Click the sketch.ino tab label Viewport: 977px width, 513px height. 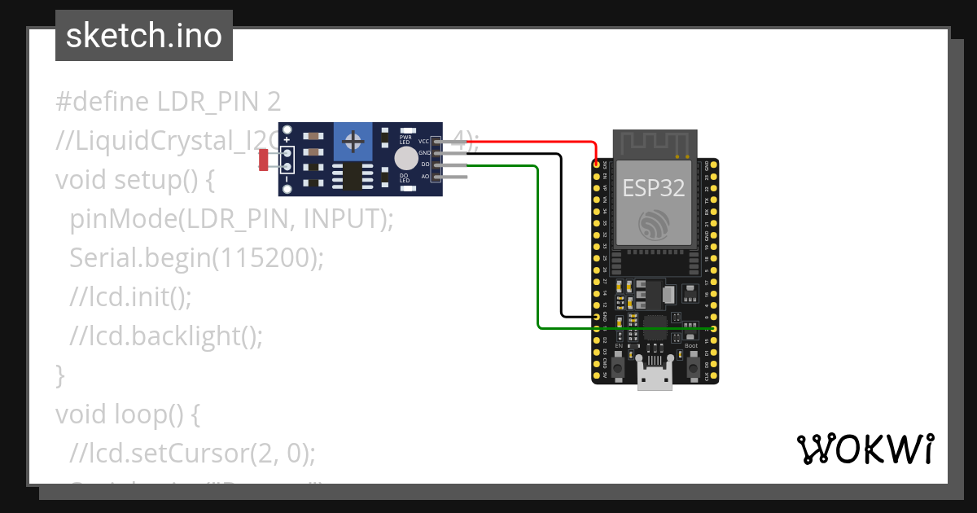tap(144, 36)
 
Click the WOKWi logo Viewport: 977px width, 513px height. tap(865, 449)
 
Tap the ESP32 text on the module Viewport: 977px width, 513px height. tap(654, 188)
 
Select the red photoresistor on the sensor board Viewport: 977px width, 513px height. tap(263, 160)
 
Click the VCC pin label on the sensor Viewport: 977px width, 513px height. tap(423, 142)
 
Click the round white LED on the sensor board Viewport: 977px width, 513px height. tap(405, 158)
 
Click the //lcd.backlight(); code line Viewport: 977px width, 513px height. tap(166, 336)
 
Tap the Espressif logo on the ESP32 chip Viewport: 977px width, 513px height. tap(654, 225)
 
